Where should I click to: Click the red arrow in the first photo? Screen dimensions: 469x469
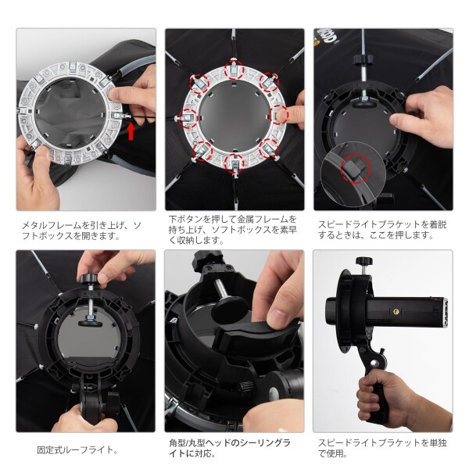(131, 132)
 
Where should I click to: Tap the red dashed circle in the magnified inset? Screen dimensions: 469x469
(356, 168)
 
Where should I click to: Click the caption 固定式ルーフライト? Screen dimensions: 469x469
(77, 449)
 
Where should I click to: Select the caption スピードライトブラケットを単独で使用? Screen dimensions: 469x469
(382, 448)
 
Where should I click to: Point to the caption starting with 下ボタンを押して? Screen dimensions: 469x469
(233, 229)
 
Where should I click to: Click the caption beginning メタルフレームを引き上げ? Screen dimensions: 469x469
(81, 231)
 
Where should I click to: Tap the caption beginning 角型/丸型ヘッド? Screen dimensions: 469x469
(230, 448)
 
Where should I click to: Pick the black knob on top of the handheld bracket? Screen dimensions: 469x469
(364, 261)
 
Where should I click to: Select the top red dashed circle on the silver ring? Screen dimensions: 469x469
(234, 70)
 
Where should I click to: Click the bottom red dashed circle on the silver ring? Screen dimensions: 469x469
(234, 163)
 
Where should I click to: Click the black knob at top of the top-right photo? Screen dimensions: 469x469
(363, 60)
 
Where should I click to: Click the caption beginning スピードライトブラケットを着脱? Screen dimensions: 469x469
(382, 230)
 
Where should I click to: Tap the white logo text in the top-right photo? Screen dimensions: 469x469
(328, 37)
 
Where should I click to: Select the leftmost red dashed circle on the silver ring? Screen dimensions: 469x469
(188, 118)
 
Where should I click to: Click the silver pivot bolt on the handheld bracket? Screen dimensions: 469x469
(374, 363)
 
